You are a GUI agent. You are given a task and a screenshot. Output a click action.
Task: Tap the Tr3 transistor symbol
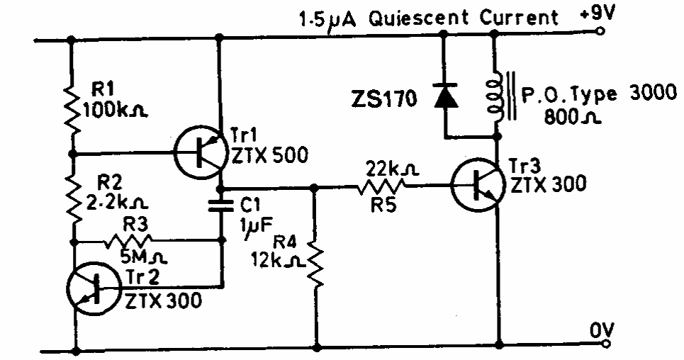pyautogui.click(x=478, y=186)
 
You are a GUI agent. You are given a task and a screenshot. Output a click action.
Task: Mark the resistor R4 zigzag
pyautogui.click(x=316, y=264)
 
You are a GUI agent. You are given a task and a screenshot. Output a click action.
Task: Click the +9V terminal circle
pyautogui.click(x=602, y=31)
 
